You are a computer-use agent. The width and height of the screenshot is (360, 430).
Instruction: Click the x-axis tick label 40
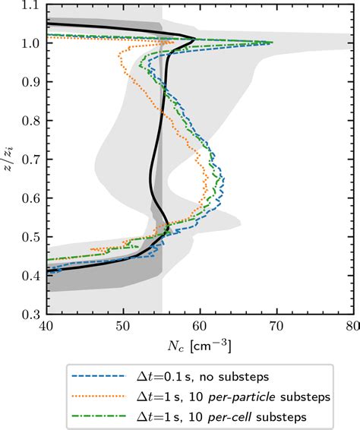click(47, 327)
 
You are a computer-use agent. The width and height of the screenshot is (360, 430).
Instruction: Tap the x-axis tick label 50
click(124, 327)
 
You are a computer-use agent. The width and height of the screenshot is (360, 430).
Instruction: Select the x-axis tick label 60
click(200, 327)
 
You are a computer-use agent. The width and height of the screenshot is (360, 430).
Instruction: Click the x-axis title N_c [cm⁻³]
click(200, 345)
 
